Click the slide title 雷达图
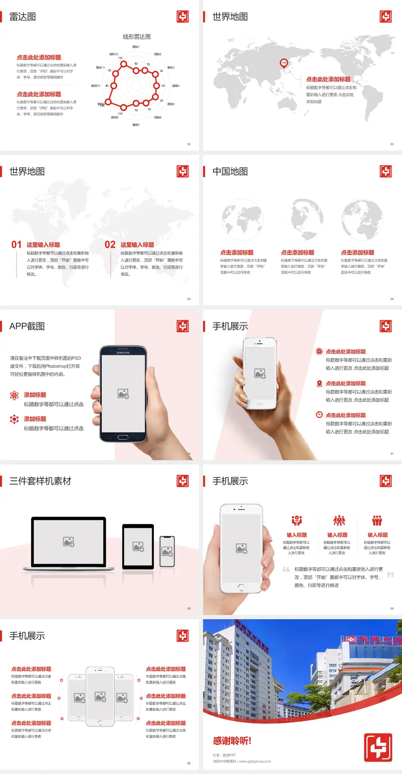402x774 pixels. [x=23, y=17]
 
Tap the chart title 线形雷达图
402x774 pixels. [x=137, y=37]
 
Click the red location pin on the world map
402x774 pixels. [x=283, y=63]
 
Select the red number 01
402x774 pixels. [x=16, y=245]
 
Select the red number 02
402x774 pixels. [x=110, y=245]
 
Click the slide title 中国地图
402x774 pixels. [x=230, y=172]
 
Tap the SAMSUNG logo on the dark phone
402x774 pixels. [x=123, y=353]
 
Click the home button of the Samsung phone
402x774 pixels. [x=123, y=437]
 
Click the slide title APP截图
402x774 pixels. [x=27, y=326]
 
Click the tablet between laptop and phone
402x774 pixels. [x=138, y=546]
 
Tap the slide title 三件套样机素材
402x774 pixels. [x=40, y=481]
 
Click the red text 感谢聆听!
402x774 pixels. [x=232, y=741]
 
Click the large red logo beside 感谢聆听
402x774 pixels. [x=378, y=747]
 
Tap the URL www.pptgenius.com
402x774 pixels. [x=255, y=761]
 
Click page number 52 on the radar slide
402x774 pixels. [x=189, y=144]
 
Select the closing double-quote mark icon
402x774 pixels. [x=390, y=575]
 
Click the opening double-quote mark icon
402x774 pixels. [x=286, y=569]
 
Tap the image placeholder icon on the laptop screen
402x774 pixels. [x=69, y=542]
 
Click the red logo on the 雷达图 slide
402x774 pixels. [x=183, y=17]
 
